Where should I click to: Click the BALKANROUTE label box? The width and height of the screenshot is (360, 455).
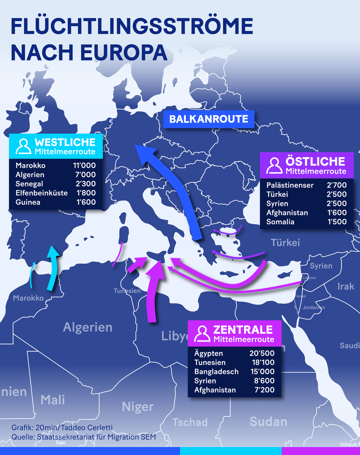coord(208,119)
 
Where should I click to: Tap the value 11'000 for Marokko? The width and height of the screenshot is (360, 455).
coord(84,165)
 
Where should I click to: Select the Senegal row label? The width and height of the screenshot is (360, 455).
coord(29,184)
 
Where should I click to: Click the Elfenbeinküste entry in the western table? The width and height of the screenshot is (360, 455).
coord(42,193)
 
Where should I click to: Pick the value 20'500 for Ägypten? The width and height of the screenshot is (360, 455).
coord(262,353)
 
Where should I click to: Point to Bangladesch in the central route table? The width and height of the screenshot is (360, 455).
coord(216,372)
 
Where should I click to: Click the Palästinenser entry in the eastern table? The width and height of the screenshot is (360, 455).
coord(290,185)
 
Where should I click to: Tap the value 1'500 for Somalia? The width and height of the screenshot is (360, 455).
coord(337,222)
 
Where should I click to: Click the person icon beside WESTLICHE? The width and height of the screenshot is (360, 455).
coord(23,147)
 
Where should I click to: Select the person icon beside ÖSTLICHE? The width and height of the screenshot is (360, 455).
coord(274,166)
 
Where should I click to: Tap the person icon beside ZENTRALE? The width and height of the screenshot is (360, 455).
coord(202,334)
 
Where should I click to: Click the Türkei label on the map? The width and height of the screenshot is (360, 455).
coord(285,243)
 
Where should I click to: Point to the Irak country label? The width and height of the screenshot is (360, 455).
coord(345,286)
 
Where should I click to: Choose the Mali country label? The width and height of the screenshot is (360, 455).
coord(53,400)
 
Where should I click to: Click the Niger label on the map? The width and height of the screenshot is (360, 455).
coord(138,407)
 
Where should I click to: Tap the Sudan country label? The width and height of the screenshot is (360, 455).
coord(268,422)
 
